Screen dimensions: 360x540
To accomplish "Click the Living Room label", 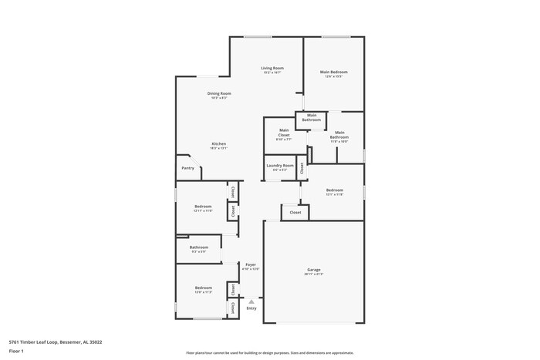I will pos(272,68).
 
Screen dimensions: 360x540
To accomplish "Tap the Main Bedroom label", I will pos(332,72).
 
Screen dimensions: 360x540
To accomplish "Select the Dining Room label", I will pos(219,93).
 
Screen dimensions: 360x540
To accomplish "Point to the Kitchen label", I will pos(219,144).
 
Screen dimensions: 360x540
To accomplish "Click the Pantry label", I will pos(187,168).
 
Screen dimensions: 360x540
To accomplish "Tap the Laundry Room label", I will pos(280,166).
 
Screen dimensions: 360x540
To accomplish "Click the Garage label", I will pos(313,270).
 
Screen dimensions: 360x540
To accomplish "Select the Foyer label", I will pos(251,264).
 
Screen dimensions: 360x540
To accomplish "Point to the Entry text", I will pos(251,308).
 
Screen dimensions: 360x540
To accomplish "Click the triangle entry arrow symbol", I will pos(251,301).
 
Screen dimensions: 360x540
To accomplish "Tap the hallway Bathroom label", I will pos(199,247).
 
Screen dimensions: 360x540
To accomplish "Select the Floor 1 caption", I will pos(16,351).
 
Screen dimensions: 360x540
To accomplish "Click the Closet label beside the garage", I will pos(295,212).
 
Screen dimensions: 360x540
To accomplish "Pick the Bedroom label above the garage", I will pos(334,190).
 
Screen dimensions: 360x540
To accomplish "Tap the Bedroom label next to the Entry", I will pos(203,289).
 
